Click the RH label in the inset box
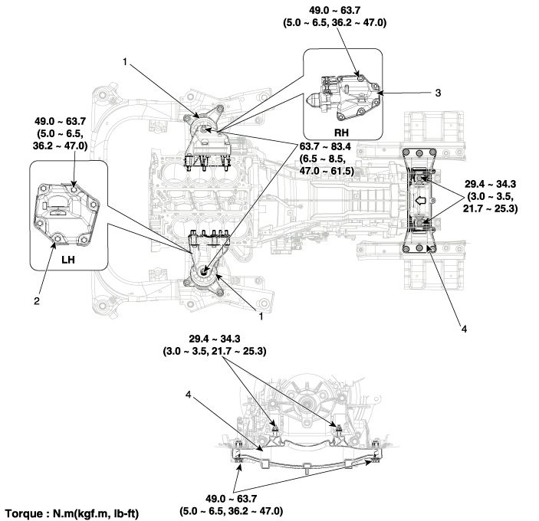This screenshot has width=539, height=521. pyautogui.click(x=341, y=133)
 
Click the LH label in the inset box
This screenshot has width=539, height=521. pyautogui.click(x=68, y=260)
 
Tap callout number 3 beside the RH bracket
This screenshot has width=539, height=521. pyautogui.click(x=438, y=93)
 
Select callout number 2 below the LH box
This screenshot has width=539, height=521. pyautogui.click(x=37, y=301)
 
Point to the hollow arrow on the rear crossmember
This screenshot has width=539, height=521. pyautogui.click(x=419, y=201)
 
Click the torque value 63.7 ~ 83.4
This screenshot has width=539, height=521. pyautogui.click(x=325, y=146)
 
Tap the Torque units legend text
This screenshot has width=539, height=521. pyautogui.click(x=72, y=514)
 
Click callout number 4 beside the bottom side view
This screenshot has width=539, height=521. pyautogui.click(x=188, y=395)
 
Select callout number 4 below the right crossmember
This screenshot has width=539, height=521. pyautogui.click(x=464, y=329)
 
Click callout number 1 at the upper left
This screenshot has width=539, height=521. pyautogui.click(x=125, y=62)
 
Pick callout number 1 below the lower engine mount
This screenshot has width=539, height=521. pyautogui.click(x=261, y=316)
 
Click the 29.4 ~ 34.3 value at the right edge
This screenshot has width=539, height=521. pyautogui.click(x=490, y=184)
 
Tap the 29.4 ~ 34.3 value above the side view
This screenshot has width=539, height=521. pyautogui.click(x=215, y=339)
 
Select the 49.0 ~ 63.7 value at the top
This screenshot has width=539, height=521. pyautogui.click(x=335, y=10)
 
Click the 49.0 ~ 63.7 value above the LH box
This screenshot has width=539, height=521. pyautogui.click(x=60, y=121)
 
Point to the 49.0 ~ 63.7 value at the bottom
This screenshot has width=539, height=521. pyautogui.click(x=232, y=498)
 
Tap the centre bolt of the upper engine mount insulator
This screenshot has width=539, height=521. pyautogui.click(x=203, y=129)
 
